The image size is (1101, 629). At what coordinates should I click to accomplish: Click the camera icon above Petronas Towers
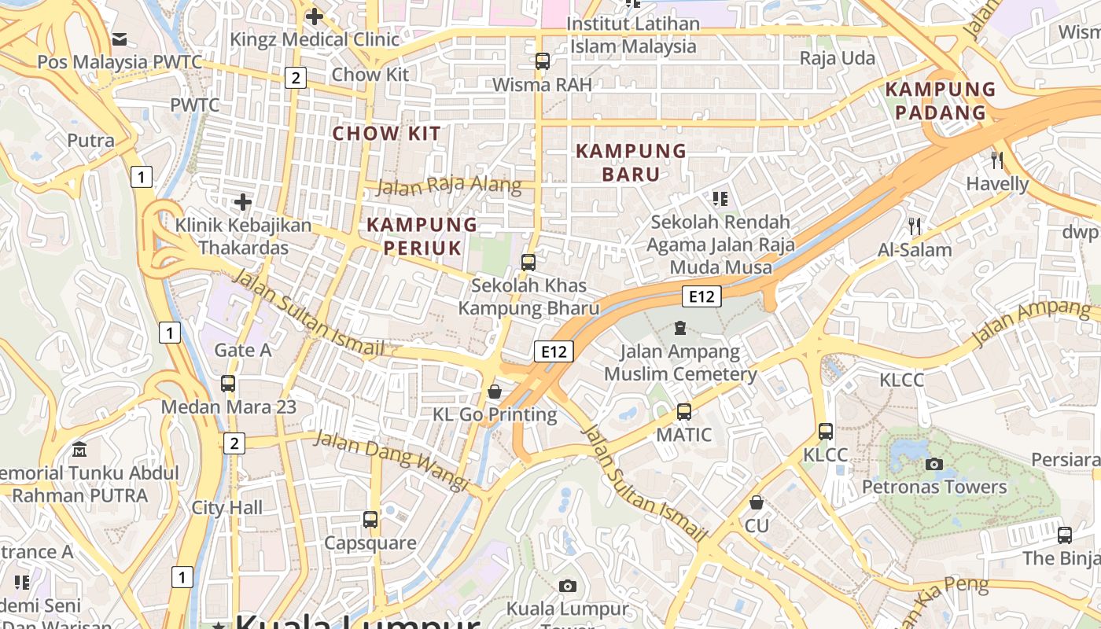934,464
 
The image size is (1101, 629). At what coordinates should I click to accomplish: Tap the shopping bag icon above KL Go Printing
495,391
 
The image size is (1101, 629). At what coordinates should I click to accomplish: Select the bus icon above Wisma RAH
542,61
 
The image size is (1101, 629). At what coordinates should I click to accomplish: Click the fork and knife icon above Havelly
997,160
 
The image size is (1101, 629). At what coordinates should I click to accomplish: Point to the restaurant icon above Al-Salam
914,226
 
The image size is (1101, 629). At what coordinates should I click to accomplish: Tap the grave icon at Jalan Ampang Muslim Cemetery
680,327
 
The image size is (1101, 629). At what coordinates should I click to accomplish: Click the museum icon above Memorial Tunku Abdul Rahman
79,451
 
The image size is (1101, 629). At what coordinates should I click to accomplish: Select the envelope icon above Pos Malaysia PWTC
120,39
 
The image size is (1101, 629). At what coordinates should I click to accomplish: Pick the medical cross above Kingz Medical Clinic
315,16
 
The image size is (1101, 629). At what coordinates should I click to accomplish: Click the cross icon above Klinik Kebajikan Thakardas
243,202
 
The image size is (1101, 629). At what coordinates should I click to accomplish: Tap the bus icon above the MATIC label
684,411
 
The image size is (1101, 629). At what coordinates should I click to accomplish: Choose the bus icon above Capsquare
370,519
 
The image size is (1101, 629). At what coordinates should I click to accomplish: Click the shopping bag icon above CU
757,502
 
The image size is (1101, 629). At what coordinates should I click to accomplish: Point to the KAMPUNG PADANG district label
941,101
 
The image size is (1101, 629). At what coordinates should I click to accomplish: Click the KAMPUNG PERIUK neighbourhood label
422,236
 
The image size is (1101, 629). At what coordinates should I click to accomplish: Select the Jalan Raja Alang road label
449,186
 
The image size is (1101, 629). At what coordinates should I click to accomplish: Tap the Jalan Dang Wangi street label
392,460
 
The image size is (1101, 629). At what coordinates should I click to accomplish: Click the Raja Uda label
837,58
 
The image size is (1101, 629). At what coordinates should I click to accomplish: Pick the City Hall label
227,507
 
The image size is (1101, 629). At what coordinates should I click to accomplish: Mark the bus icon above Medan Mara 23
228,384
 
